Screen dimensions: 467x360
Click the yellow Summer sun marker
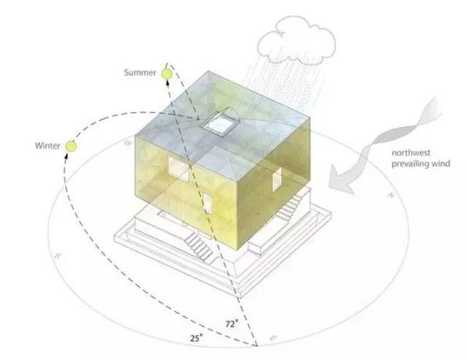(x=167, y=74)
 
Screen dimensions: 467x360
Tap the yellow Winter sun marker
(x=71, y=146)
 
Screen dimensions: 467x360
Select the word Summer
(x=140, y=72)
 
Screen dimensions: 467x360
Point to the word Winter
(x=47, y=145)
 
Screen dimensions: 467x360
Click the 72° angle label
(x=231, y=323)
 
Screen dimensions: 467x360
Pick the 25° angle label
(x=197, y=337)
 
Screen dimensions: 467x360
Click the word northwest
(x=411, y=153)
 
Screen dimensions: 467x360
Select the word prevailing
(x=410, y=164)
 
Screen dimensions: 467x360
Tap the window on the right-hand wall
(x=276, y=179)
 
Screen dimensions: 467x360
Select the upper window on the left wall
(x=179, y=170)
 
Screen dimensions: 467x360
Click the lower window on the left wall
(x=208, y=204)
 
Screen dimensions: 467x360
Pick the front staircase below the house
(x=199, y=247)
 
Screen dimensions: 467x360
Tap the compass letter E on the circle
(x=273, y=338)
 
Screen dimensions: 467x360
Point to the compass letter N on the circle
(x=391, y=195)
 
